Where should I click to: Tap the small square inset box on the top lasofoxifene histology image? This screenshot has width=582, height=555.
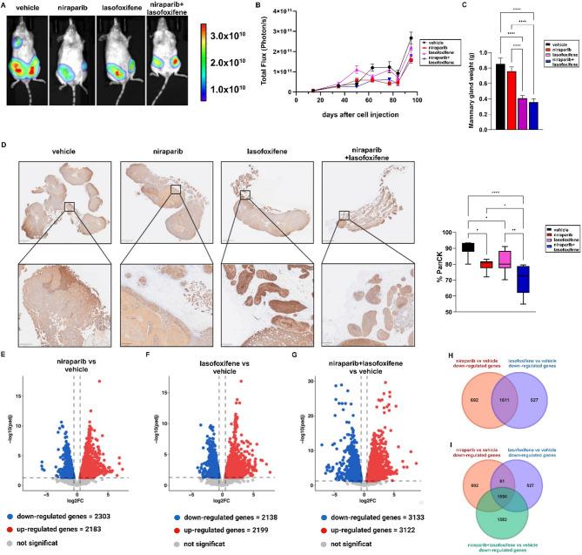point(245,193)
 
